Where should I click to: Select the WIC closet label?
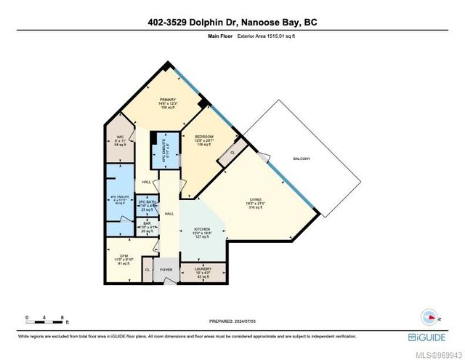(x=120, y=138)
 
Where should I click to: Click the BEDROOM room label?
(x=203, y=137)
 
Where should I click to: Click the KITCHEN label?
(x=202, y=228)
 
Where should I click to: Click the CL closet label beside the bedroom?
(x=232, y=153)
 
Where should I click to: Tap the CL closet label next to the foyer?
(x=147, y=268)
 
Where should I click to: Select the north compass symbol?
(x=429, y=316)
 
